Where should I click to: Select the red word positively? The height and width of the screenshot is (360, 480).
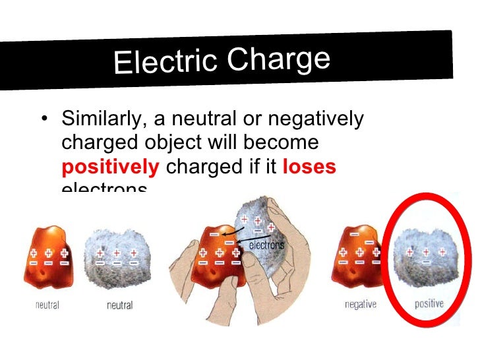tap(110, 167)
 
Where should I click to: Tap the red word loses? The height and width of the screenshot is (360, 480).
tap(309, 167)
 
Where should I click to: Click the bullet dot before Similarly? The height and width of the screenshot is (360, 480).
tap(44, 120)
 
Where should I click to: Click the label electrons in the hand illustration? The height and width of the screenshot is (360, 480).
tap(266, 245)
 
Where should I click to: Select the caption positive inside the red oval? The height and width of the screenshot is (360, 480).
tap(429, 304)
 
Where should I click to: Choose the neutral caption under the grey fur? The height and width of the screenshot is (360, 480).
tap(119, 305)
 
